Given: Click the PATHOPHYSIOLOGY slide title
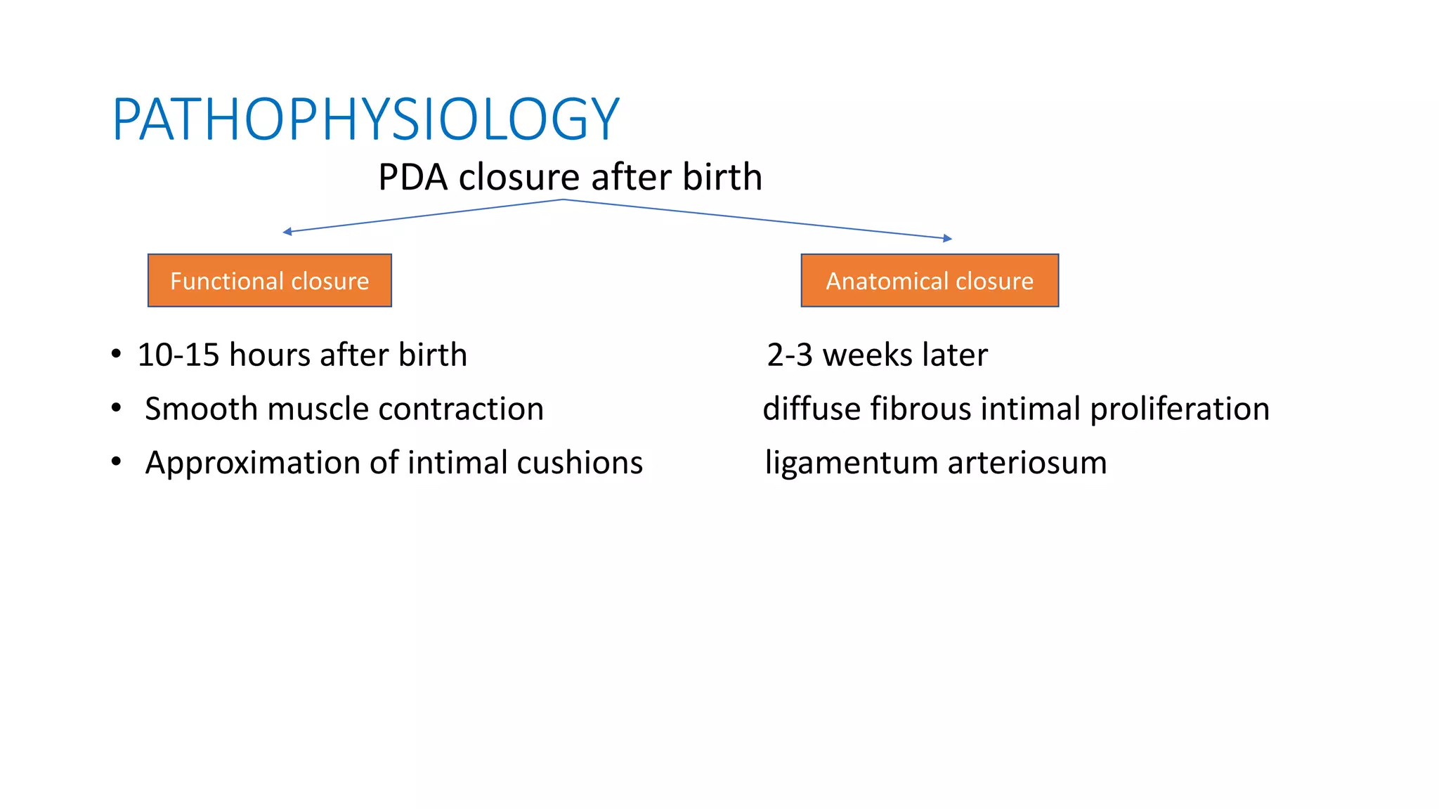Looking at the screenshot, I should [x=365, y=119].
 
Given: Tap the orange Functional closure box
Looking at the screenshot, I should [x=269, y=281].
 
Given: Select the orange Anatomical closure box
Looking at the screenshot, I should [x=930, y=281].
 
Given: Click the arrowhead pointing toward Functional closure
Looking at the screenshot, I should [x=287, y=232].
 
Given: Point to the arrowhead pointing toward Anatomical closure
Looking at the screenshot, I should [x=948, y=239].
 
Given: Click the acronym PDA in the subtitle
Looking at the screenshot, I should [x=413, y=177].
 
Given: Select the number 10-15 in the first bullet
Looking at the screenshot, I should [x=178, y=355].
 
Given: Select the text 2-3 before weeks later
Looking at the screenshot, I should [x=790, y=355].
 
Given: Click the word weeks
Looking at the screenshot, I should [x=868, y=355].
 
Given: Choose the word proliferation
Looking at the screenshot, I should [x=1180, y=409].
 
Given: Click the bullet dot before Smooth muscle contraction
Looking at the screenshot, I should [x=117, y=408].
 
